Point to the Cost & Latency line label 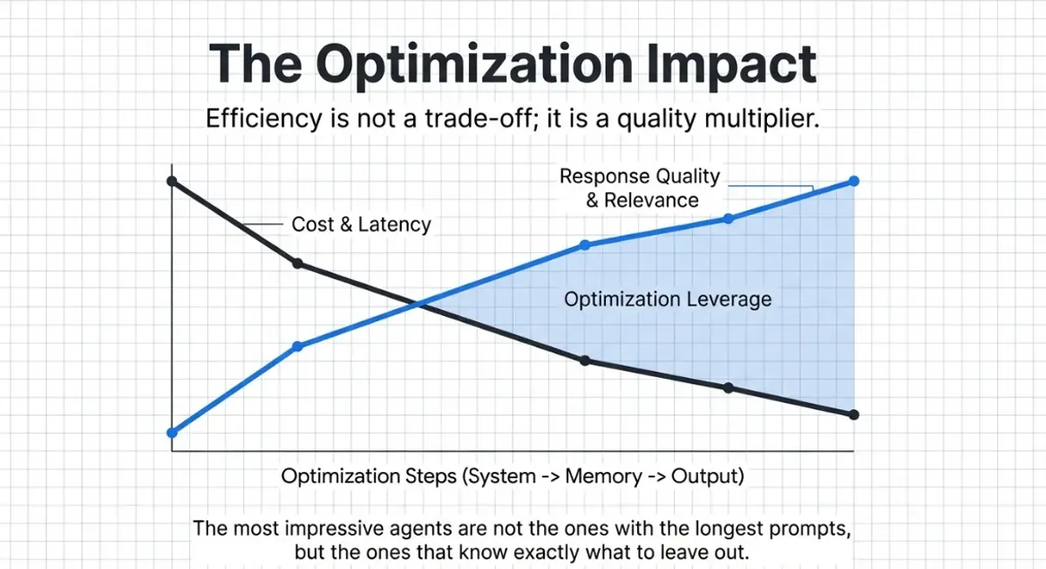tap(361, 224)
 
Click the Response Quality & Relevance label tap(641, 188)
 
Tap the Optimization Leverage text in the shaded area tap(668, 299)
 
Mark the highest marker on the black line tap(172, 181)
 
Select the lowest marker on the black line tap(854, 415)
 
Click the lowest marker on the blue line tap(172, 432)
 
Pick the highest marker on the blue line tap(854, 181)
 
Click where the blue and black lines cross tap(419, 305)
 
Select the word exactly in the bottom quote tap(531, 552)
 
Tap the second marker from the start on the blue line tap(297, 346)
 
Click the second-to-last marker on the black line tap(729, 387)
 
